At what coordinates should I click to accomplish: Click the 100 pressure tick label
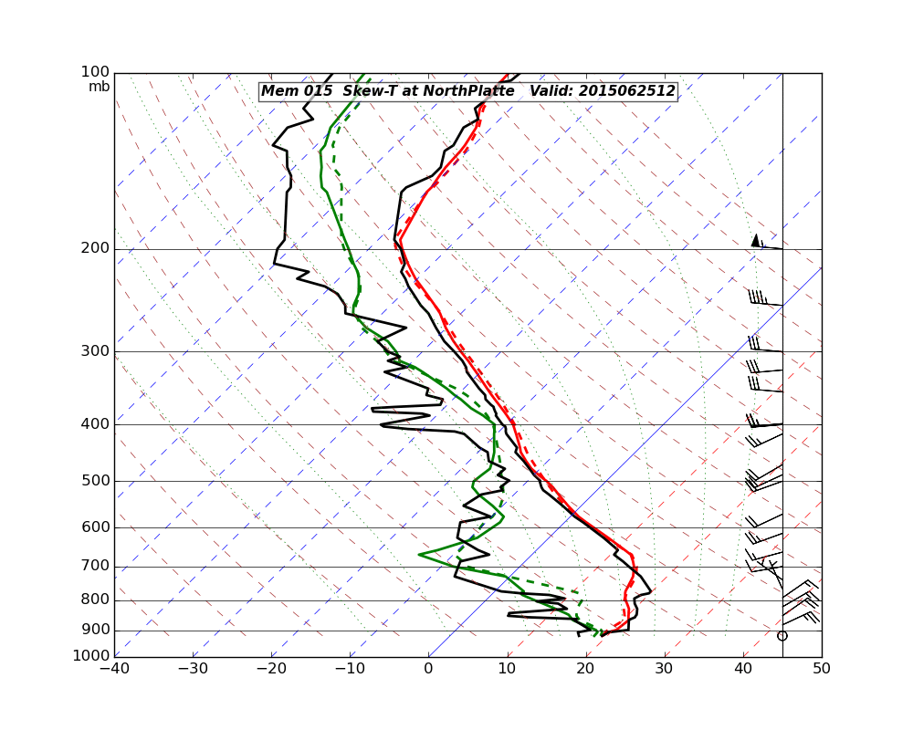click(x=95, y=72)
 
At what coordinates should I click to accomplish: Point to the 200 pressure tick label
click(x=95, y=248)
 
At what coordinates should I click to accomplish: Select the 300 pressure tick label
click(x=95, y=351)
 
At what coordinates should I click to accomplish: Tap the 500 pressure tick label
click(x=95, y=481)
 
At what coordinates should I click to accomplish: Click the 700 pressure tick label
click(x=95, y=566)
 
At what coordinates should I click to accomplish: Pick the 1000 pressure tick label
click(x=91, y=656)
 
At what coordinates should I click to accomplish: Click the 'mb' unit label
click(x=99, y=87)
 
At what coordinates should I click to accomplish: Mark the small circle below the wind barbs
click(x=782, y=635)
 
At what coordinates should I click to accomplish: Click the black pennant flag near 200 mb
click(x=755, y=240)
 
